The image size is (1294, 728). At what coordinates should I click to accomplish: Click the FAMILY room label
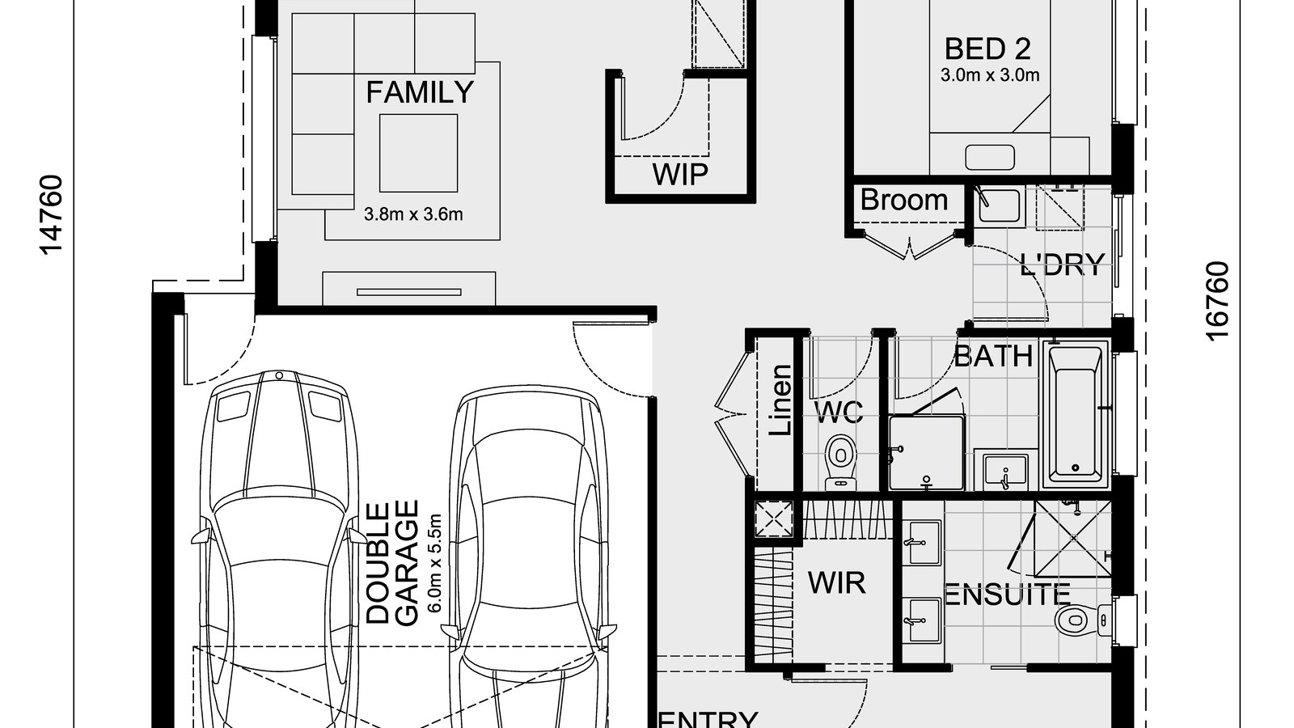click(x=419, y=93)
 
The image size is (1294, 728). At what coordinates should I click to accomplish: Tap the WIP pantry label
click(x=679, y=174)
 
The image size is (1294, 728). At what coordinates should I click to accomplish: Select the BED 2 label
click(x=987, y=49)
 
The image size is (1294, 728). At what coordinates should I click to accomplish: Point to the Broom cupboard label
click(x=903, y=200)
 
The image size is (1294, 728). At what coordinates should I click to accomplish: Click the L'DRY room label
click(x=1062, y=265)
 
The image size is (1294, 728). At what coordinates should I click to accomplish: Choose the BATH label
click(x=993, y=356)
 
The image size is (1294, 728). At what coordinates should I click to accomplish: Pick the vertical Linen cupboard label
click(x=780, y=400)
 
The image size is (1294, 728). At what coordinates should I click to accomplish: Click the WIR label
click(x=836, y=582)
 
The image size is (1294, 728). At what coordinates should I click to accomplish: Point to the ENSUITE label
click(x=1008, y=595)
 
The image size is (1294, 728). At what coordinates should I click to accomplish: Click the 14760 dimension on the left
click(x=53, y=214)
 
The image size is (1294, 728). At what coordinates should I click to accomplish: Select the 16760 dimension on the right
click(x=1217, y=301)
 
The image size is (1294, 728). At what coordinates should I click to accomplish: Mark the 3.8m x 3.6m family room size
click(x=413, y=214)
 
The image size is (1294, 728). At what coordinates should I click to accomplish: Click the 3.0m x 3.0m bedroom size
click(x=989, y=75)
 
